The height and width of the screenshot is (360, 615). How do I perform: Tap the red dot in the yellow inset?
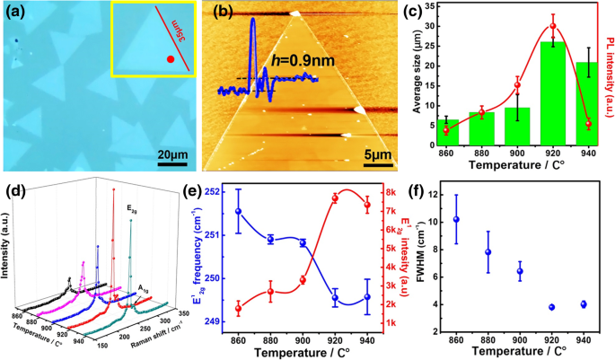pyautogui.click(x=169, y=60)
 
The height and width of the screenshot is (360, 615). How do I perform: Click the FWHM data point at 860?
pyautogui.click(x=456, y=219)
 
